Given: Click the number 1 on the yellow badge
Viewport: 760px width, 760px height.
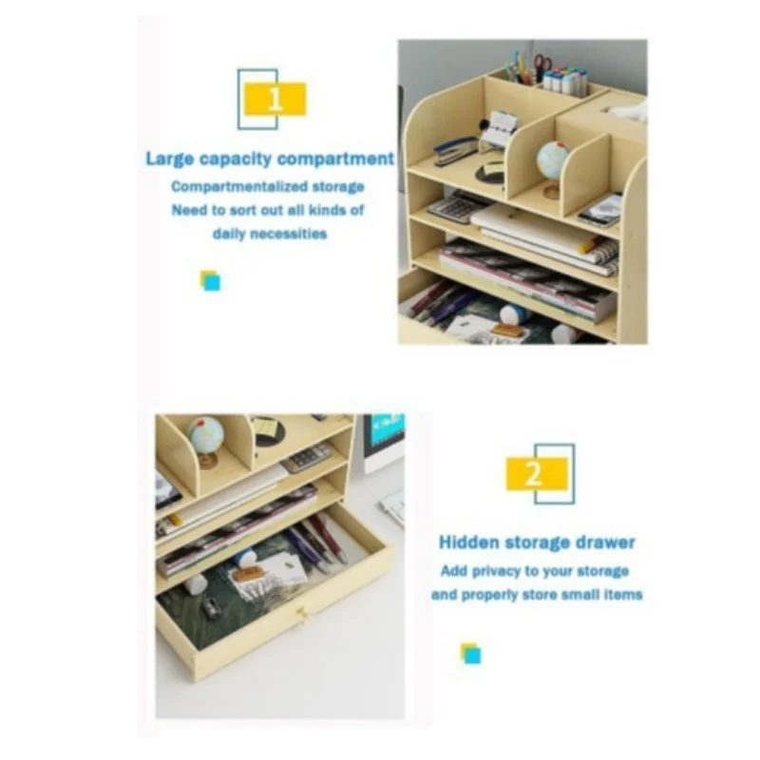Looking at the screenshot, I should point(275,99).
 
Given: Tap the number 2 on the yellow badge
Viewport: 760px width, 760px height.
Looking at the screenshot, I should point(534,473).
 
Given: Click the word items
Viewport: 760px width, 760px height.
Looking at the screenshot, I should point(623,595).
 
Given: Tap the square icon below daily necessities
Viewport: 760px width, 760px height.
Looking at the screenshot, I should point(210,280).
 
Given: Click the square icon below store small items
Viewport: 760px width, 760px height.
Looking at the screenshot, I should point(470,654).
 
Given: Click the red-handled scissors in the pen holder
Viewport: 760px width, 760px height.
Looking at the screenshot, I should point(541,66).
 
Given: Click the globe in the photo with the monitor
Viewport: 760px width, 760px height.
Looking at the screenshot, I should point(205,440).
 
